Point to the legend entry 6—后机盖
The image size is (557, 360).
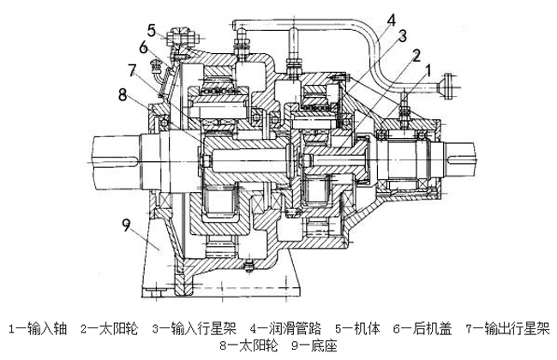(422, 327)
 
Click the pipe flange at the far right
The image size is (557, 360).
(446, 85)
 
